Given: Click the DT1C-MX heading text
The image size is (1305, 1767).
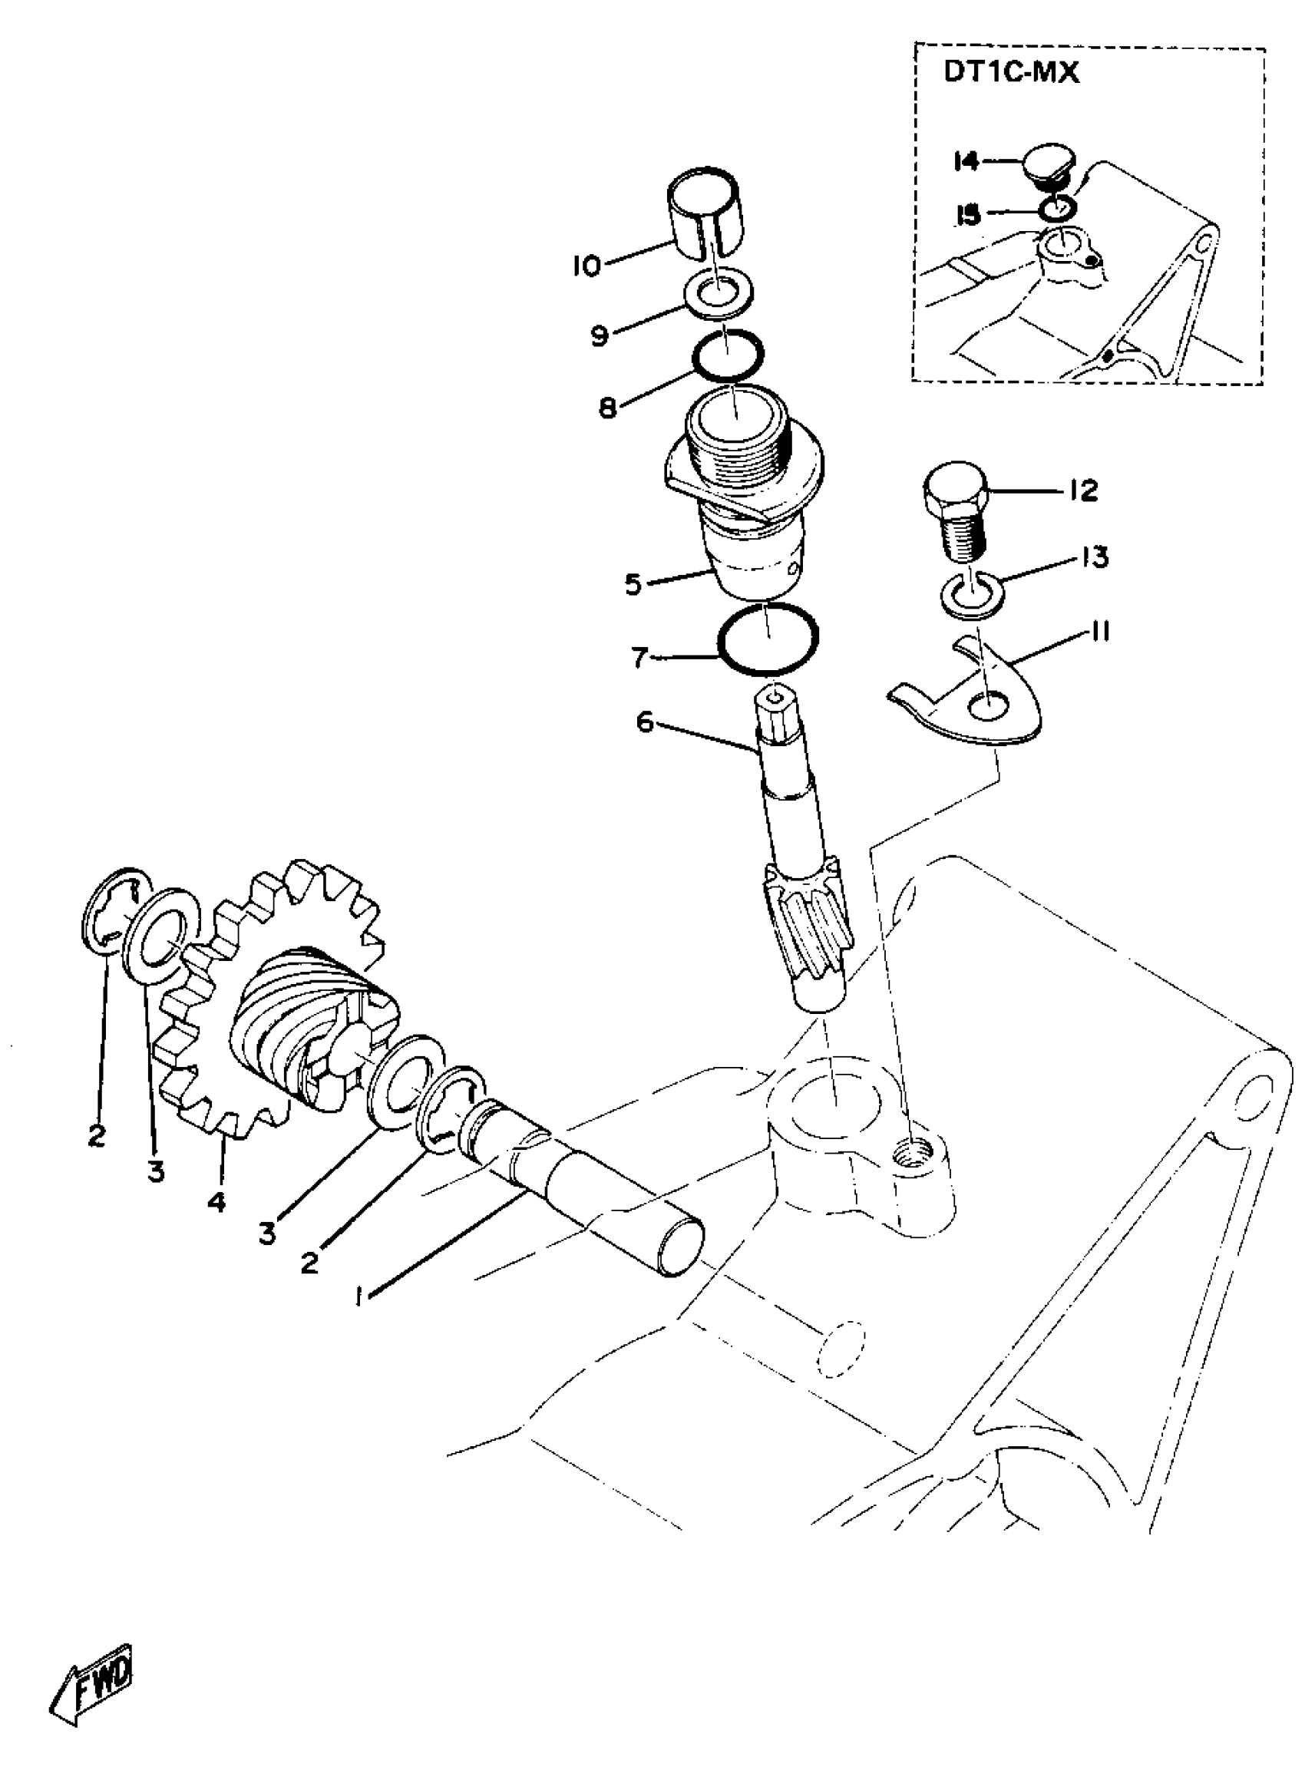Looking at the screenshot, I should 1011,74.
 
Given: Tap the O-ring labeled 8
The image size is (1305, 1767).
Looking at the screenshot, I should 728,353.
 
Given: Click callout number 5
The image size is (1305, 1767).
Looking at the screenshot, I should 633,586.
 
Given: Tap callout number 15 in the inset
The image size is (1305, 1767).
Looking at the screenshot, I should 967,215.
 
